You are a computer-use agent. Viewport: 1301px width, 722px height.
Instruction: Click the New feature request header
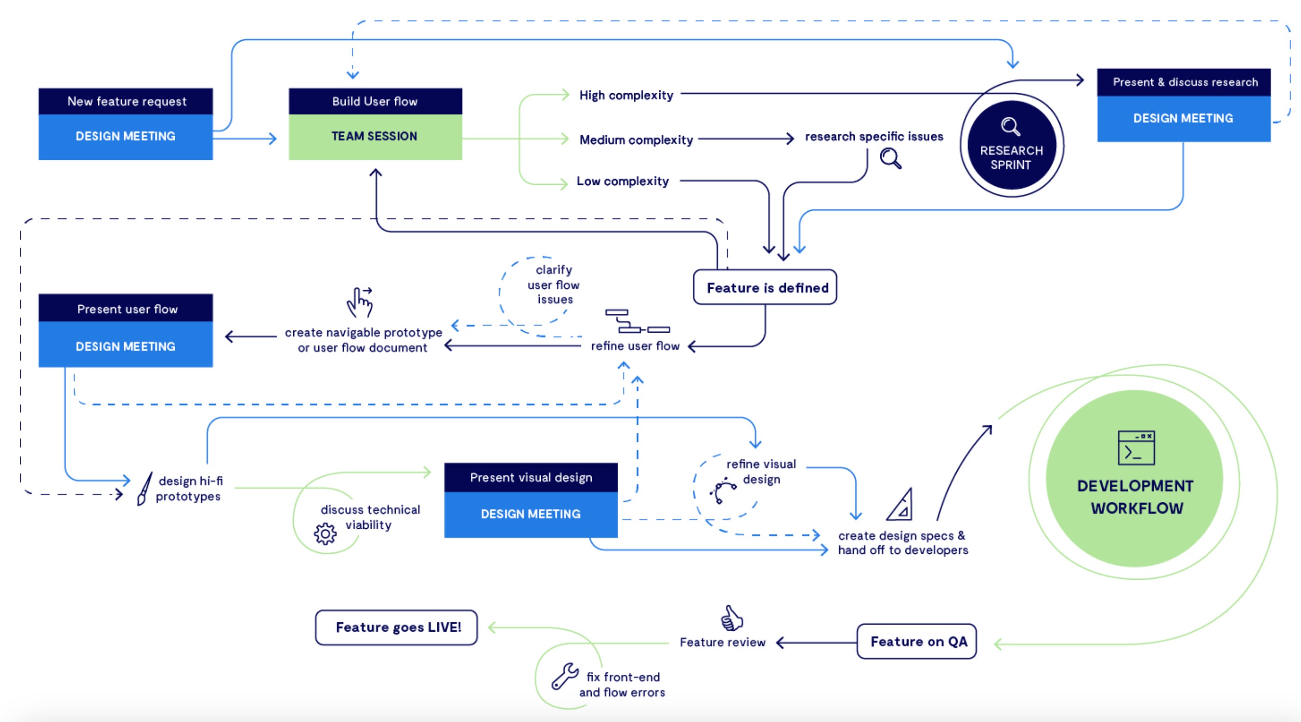[x=126, y=101]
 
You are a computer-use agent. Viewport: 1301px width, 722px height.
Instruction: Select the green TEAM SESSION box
[x=375, y=137]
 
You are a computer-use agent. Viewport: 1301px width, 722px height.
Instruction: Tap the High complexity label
[x=626, y=95]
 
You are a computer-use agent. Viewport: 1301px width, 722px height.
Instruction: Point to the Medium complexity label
[x=636, y=140]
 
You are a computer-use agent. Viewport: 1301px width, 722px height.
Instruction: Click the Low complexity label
[x=623, y=181]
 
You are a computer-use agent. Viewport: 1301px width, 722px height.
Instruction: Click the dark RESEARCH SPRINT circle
[x=1011, y=145]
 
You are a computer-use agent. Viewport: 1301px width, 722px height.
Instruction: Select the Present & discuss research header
[x=1184, y=82]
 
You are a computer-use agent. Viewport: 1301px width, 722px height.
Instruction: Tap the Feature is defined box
[x=765, y=287]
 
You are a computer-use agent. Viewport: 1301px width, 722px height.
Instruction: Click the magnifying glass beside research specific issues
[x=891, y=158]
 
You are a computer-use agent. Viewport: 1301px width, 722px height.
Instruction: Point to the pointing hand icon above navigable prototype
[x=360, y=302]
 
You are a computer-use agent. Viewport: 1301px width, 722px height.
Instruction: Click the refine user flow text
[x=635, y=346]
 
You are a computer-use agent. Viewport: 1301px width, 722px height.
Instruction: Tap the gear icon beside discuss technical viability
[x=325, y=533]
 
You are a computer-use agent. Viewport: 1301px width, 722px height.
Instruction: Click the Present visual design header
[x=531, y=477]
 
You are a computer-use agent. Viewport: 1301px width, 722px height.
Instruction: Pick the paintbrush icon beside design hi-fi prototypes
[x=145, y=488]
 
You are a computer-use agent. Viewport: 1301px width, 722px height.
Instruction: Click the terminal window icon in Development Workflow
[x=1137, y=448]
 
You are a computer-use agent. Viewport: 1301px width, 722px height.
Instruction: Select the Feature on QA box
[x=916, y=641]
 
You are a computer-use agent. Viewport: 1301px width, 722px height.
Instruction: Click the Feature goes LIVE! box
[x=397, y=627]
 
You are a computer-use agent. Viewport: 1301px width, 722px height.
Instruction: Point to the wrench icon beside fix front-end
[x=565, y=676]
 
